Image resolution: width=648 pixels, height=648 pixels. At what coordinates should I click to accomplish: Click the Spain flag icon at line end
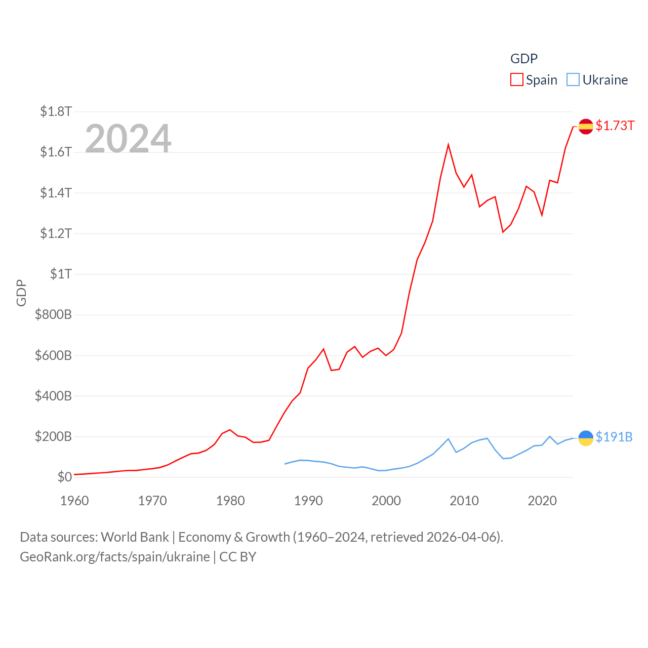[x=586, y=126]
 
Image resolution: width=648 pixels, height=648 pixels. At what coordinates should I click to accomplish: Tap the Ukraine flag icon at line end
[x=586, y=438]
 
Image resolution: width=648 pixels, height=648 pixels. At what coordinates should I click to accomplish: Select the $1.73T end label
[x=615, y=126]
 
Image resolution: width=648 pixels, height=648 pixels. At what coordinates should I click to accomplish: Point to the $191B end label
[x=614, y=437]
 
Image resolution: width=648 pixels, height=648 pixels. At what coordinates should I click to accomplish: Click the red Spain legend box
[x=516, y=80]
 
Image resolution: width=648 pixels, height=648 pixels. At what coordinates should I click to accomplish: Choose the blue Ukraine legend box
[x=573, y=80]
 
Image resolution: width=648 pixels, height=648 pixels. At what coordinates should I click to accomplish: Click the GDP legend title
[x=523, y=59]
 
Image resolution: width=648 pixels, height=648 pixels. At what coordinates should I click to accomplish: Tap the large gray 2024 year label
[x=128, y=138]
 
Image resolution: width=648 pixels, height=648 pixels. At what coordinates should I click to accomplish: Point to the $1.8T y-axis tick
[x=56, y=111]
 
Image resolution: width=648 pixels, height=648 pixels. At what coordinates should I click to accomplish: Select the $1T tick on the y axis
[x=61, y=274]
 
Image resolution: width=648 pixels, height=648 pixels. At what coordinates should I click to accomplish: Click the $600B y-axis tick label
[x=53, y=355]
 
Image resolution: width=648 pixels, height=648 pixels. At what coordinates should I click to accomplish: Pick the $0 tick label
[x=64, y=477]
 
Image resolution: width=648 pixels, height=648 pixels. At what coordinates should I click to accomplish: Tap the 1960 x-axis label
[x=74, y=501]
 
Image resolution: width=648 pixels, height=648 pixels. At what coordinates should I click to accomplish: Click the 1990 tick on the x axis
[x=308, y=501]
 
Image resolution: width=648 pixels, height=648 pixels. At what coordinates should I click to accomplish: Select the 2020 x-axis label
[x=542, y=501]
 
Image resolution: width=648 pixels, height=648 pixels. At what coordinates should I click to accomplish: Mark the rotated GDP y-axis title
[x=21, y=293]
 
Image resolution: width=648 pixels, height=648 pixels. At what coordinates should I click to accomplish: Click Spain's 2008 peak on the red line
[x=449, y=145]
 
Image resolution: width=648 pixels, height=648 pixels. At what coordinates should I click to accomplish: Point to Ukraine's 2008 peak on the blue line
[x=449, y=439]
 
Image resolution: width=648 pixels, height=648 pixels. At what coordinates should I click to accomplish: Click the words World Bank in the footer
[x=135, y=537]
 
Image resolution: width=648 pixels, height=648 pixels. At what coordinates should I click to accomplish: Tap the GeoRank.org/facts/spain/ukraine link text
[x=115, y=557]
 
